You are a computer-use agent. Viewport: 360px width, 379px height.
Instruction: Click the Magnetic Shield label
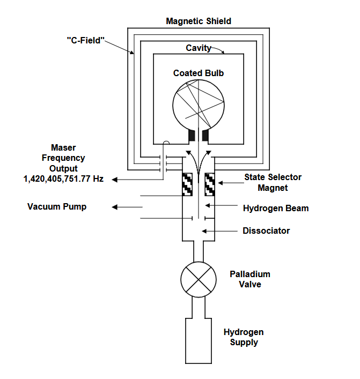pos(199,21)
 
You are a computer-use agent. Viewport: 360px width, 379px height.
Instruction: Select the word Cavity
pos(198,48)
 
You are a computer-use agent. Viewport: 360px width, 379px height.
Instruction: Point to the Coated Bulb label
pos(198,73)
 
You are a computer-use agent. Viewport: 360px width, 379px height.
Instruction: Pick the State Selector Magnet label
pos(273,182)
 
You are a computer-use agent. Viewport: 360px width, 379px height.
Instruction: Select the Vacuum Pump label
pos(57,207)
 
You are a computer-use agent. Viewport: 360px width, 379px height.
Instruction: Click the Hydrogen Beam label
pos(276,208)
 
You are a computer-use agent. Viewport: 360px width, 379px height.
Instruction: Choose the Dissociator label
pos(266,231)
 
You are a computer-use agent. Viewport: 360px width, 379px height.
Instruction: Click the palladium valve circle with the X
pos(199,279)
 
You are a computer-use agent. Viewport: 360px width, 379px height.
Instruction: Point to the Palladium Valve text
pos(250,279)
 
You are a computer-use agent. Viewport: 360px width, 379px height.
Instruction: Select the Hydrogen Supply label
pos(244,337)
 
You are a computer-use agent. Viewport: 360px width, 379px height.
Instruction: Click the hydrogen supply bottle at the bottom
pos(199,343)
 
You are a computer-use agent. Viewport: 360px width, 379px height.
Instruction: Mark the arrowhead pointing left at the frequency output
pos(114,179)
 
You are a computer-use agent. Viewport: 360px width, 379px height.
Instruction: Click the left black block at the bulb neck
pos(192,138)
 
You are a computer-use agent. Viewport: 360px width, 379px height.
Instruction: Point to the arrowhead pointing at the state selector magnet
pos(221,183)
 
